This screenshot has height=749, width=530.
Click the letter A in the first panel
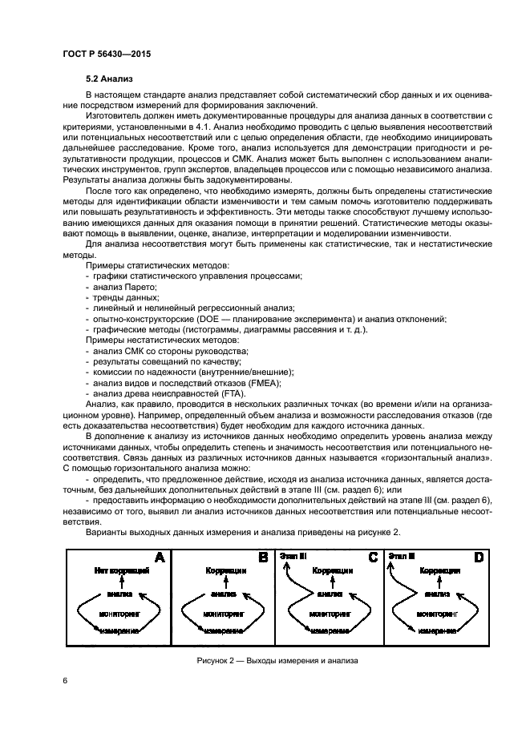(159, 558)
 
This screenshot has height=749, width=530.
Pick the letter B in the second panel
(262, 558)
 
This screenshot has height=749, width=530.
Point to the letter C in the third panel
(372, 558)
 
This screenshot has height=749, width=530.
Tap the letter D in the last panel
(479, 558)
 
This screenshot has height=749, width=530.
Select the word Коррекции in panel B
(225, 570)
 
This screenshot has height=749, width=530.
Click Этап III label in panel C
(294, 554)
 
